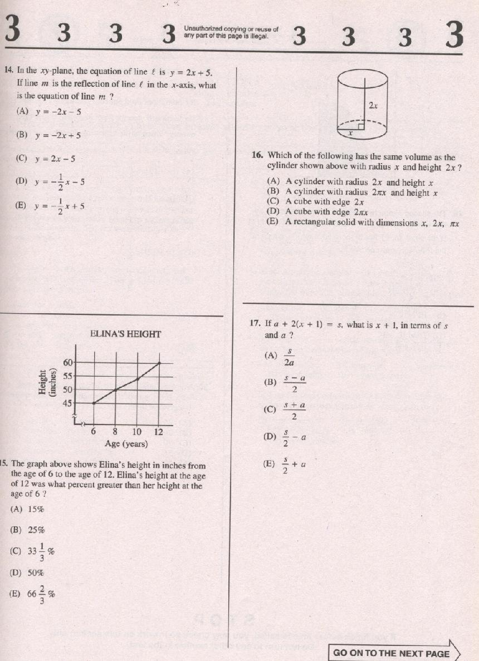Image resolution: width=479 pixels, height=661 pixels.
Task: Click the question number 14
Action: click(x=8, y=71)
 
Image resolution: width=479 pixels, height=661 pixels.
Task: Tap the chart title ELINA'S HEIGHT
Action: click(x=125, y=334)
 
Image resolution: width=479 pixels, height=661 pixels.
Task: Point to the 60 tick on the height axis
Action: click(x=69, y=362)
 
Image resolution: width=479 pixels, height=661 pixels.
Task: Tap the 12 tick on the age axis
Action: click(x=159, y=432)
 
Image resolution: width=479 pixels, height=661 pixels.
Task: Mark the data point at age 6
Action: click(x=94, y=403)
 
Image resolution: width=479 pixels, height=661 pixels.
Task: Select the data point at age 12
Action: click(x=159, y=363)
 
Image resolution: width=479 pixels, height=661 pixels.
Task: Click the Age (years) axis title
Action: click(x=126, y=443)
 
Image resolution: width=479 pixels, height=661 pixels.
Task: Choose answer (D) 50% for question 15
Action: click(x=28, y=573)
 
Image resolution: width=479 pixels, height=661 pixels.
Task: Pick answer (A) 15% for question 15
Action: click(x=28, y=509)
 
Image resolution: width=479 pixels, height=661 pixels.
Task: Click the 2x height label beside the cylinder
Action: click(x=373, y=105)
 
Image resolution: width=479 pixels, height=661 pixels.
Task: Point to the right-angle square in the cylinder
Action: click(x=360, y=126)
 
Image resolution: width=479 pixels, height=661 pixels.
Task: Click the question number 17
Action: click(x=255, y=324)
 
